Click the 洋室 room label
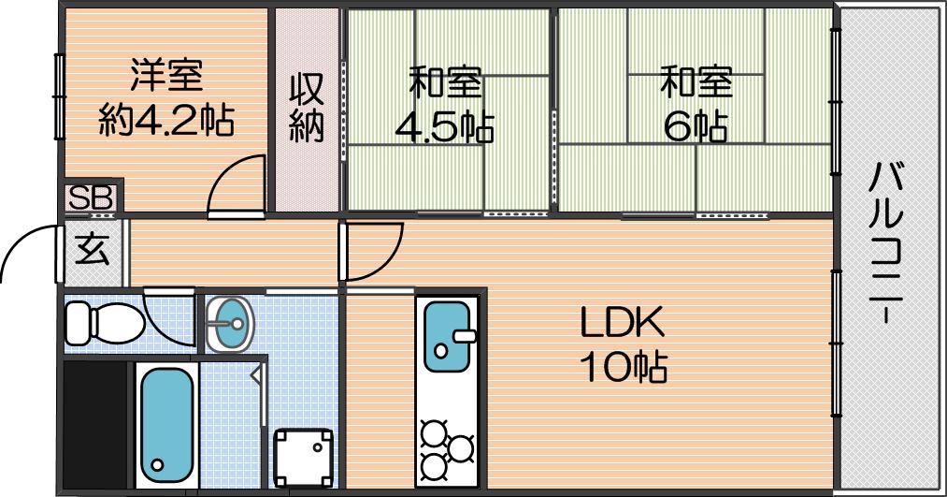166,75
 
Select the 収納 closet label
307,108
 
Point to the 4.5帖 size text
444,127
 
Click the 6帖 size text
696,126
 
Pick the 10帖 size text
624,367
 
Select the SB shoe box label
91,197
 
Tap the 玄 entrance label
93,248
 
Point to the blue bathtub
166,424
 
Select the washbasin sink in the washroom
229,324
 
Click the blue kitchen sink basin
448,336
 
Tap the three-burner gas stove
447,448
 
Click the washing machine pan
304,457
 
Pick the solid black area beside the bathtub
96,425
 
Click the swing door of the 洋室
237,185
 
